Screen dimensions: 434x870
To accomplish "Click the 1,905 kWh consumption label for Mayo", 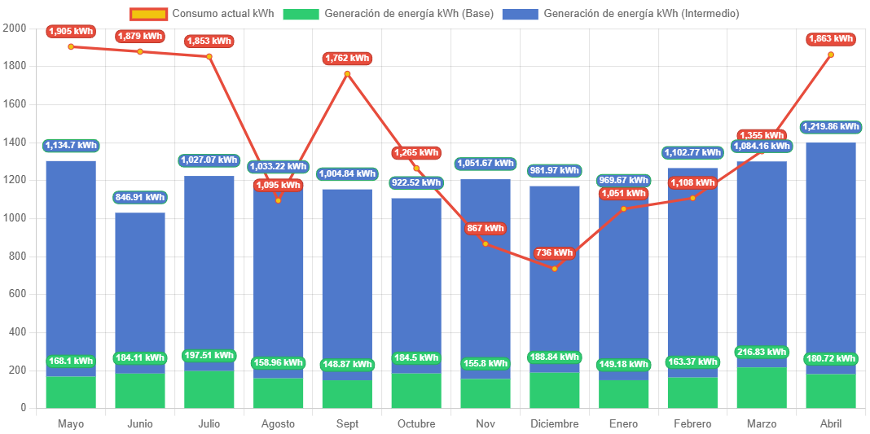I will pyautogui.click(x=71, y=32).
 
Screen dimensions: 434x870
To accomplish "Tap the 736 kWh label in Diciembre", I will pyautogui.click(x=555, y=253).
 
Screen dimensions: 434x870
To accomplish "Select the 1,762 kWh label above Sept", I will pyautogui.click(x=347, y=59).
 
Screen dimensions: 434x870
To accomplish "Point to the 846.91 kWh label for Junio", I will pyautogui.click(x=139, y=197).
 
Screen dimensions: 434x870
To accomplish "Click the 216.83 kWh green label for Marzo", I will pyautogui.click(x=762, y=353).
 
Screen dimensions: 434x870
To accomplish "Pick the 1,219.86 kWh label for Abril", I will pyautogui.click(x=831, y=127).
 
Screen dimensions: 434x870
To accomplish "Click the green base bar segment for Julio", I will pyautogui.click(x=209, y=389).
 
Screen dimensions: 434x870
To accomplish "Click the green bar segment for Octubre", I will pyautogui.click(x=416, y=390).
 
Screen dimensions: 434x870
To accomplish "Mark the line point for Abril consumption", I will pyautogui.click(x=831, y=55).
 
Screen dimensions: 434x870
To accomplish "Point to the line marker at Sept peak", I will pyautogui.click(x=347, y=74).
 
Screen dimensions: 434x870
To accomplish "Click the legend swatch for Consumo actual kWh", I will pyautogui.click(x=148, y=14).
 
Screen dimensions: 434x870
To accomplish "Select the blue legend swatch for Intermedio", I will pyautogui.click(x=520, y=14).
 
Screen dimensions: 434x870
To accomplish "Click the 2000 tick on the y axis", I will pyautogui.click(x=14, y=28).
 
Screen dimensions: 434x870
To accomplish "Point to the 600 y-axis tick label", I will pyautogui.click(x=17, y=294).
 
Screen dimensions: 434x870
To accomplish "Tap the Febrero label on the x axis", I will pyautogui.click(x=692, y=424).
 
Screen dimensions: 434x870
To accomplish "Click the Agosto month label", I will pyautogui.click(x=278, y=424).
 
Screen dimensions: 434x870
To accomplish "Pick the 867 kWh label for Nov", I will pyautogui.click(x=486, y=229).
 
